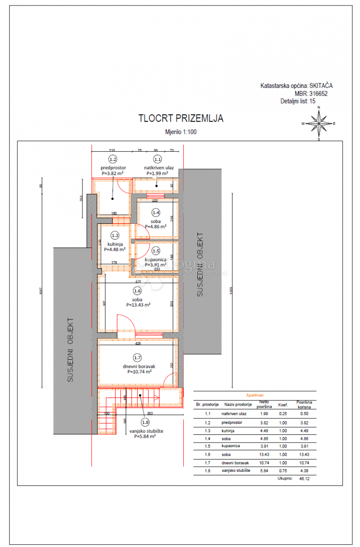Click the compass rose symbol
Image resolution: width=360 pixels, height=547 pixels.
[319, 123]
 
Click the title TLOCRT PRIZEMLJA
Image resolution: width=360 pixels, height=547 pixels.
[181, 119]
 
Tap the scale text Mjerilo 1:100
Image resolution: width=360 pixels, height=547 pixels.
[181, 132]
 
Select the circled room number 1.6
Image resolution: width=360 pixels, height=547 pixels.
[137, 290]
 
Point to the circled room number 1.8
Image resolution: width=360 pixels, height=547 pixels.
[145, 422]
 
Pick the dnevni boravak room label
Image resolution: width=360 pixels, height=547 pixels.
[139, 366]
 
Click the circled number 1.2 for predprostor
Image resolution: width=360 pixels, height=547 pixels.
[113, 160]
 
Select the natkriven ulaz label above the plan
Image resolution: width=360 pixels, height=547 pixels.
[157, 167]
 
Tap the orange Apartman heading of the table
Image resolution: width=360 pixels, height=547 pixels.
[254, 396]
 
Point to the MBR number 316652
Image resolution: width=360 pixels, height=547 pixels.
[317, 93]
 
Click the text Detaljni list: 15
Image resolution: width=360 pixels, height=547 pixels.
[298, 101]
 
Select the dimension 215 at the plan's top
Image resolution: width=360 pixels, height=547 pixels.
[111, 150]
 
